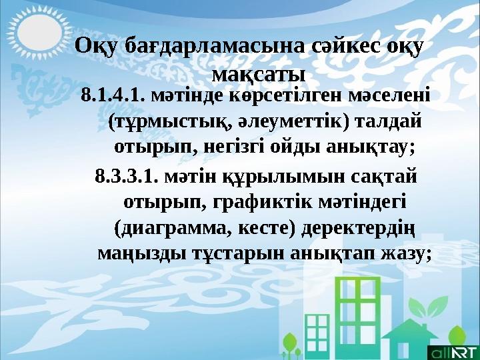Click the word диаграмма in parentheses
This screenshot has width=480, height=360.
tap(176, 228)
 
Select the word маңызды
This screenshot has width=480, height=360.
tap(134, 253)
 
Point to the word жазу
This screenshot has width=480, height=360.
tap(405, 253)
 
